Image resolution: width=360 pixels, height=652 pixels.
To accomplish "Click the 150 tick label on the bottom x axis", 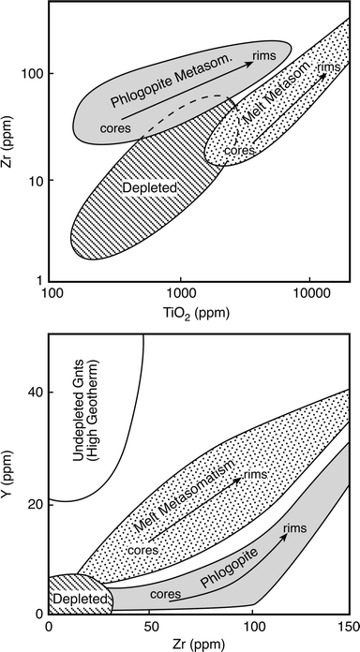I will coord(346,626).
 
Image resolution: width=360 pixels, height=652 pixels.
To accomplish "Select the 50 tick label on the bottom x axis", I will coord(147,626).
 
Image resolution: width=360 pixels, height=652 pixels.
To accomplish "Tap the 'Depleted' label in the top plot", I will coord(142,188).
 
